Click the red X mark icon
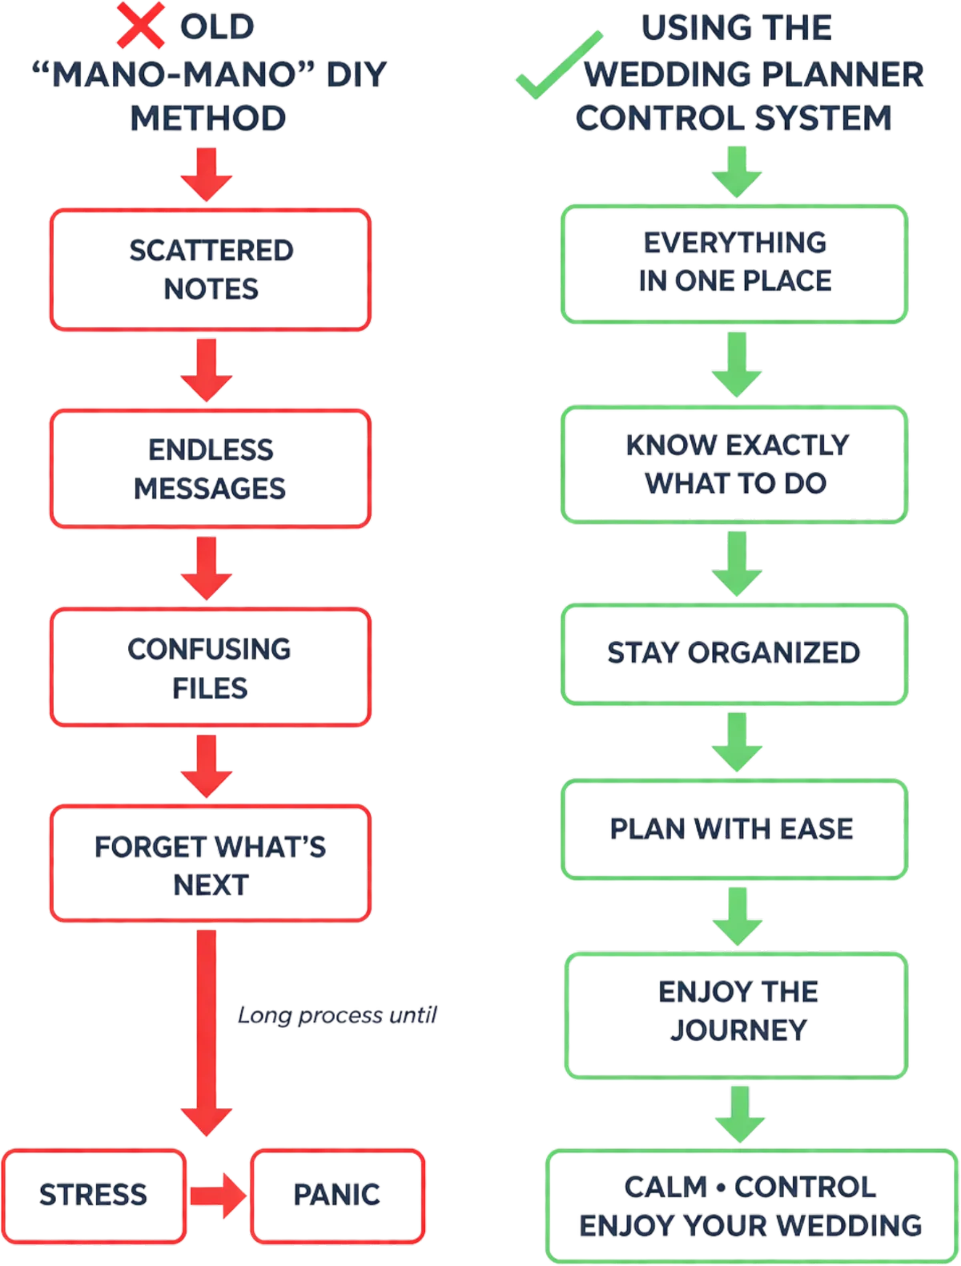(141, 26)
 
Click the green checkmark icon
(557, 66)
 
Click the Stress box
(94, 1195)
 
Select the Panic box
(336, 1195)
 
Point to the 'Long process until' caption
(337, 1016)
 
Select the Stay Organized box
(734, 653)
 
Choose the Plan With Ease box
(734, 829)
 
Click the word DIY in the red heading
(356, 74)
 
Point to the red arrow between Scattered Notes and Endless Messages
(207, 369)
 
